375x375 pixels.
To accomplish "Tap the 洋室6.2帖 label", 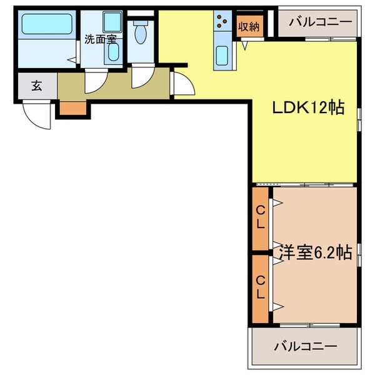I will point(314,253).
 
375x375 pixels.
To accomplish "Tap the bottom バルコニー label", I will point(306,346).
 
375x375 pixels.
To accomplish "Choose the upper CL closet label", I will point(261,219).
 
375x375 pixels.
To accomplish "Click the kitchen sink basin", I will point(222,57).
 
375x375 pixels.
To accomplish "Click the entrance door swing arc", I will point(37,116).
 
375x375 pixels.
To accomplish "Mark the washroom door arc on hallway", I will point(96,80).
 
